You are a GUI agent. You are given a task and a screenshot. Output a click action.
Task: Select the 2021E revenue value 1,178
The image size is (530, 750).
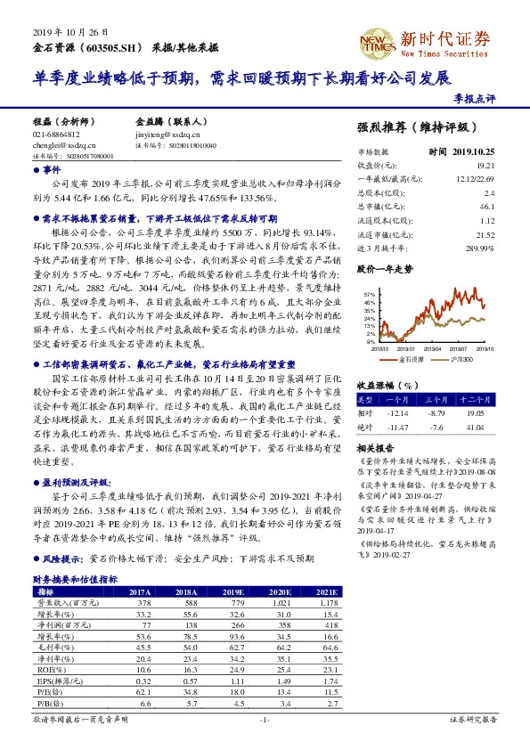329,603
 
